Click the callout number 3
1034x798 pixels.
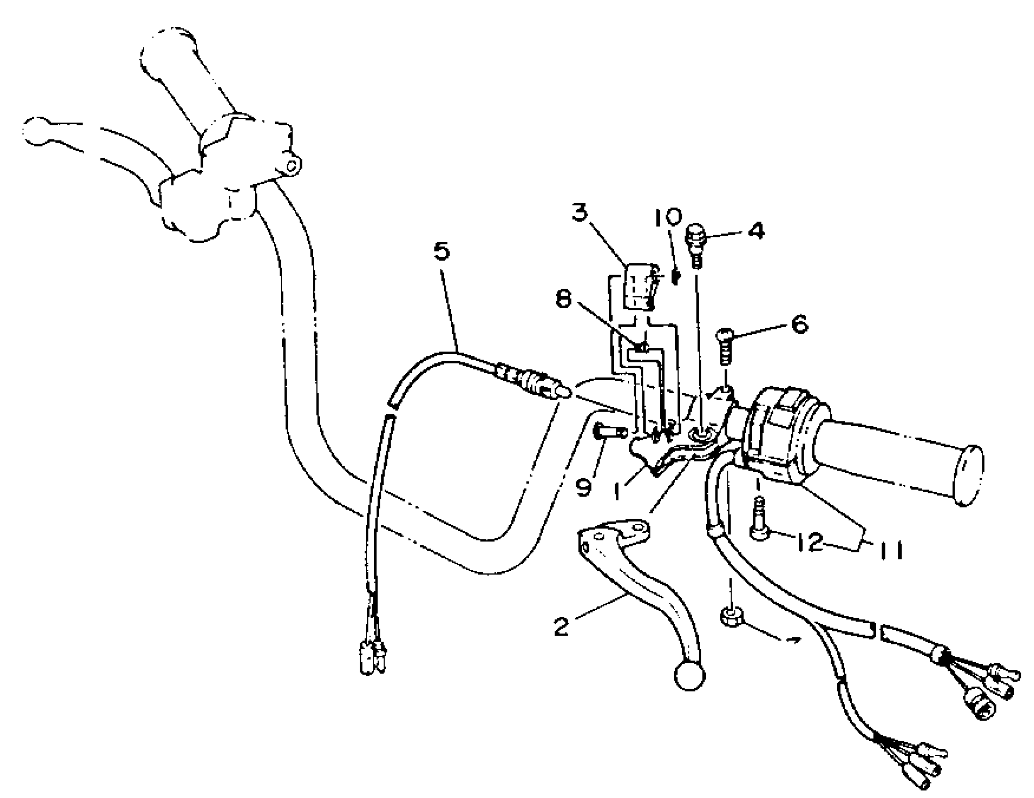tap(579, 213)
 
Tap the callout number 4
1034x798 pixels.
tap(756, 231)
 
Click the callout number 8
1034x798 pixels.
tap(563, 299)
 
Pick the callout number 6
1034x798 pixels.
tap(800, 325)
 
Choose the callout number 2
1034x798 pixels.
tap(561, 627)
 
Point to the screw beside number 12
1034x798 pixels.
tap(759, 521)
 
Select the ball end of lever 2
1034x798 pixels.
tap(689, 677)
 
